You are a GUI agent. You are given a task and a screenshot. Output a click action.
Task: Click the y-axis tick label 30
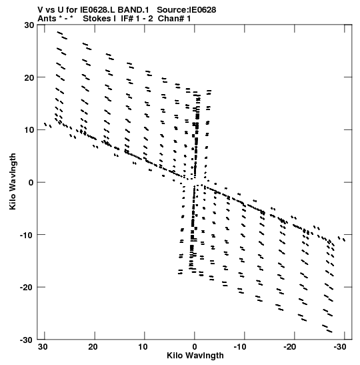pos(29,25)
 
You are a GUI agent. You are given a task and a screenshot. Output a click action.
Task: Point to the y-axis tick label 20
pos(29,77)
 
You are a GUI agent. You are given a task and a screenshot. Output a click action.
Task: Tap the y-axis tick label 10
pos(29,129)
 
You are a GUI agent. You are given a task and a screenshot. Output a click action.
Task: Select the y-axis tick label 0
pos(31,182)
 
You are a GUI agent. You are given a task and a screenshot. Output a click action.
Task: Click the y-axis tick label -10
pos(27,235)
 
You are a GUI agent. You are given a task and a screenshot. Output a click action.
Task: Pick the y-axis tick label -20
pos(27,287)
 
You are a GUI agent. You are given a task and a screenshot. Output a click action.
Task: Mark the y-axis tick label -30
pos(27,340)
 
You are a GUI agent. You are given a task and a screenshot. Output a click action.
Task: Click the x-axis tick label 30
pos(43,347)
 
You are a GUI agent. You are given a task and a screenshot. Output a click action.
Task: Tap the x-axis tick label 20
pos(93,347)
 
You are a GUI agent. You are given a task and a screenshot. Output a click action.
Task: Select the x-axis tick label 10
pos(143,347)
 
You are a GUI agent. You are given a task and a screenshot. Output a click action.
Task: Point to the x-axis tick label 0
pos(195,347)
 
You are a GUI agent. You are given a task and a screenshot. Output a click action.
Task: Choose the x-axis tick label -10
pos(240,347)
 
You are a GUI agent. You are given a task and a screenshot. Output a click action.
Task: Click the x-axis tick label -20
pos(290,347)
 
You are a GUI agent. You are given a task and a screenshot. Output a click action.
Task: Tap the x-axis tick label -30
pos(340,347)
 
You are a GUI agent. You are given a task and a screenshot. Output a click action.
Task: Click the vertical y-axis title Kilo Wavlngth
pos(13,181)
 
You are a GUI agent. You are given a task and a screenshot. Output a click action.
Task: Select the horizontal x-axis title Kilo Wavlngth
pos(195,356)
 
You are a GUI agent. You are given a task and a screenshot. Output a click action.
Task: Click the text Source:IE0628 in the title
pos(187,10)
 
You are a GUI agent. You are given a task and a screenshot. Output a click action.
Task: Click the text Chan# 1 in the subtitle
pos(174,19)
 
